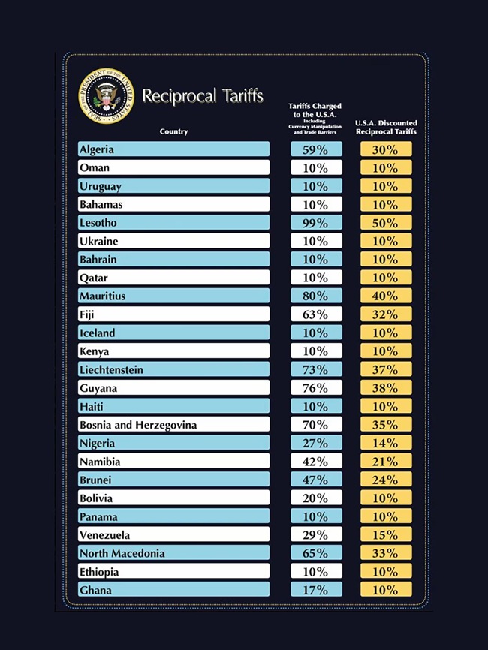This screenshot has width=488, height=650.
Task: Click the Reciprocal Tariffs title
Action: pyautogui.click(x=202, y=96)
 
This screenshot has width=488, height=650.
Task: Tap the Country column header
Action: pyautogui.click(x=173, y=132)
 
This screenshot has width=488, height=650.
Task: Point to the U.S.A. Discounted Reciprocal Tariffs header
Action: pyautogui.click(x=386, y=127)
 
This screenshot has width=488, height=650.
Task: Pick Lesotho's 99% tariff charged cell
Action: pyautogui.click(x=316, y=223)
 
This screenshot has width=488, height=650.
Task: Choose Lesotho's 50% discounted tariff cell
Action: pyautogui.click(x=386, y=223)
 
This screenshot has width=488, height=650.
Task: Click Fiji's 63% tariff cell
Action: pyautogui.click(x=316, y=314)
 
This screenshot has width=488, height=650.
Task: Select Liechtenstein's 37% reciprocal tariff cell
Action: pyautogui.click(x=386, y=370)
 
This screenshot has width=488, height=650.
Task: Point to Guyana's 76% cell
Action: pyautogui.click(x=316, y=388)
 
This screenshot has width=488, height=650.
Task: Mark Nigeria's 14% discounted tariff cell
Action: pyautogui.click(x=386, y=444)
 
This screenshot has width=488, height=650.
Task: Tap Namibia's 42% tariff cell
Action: pyautogui.click(x=316, y=462)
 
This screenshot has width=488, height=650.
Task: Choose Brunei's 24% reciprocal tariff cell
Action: pyautogui.click(x=386, y=480)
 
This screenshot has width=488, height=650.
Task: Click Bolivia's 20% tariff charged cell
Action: pyautogui.click(x=316, y=498)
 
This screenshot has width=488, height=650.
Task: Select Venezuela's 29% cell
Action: pyautogui.click(x=316, y=535)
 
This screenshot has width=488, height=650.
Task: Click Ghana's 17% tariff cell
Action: pyautogui.click(x=316, y=591)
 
